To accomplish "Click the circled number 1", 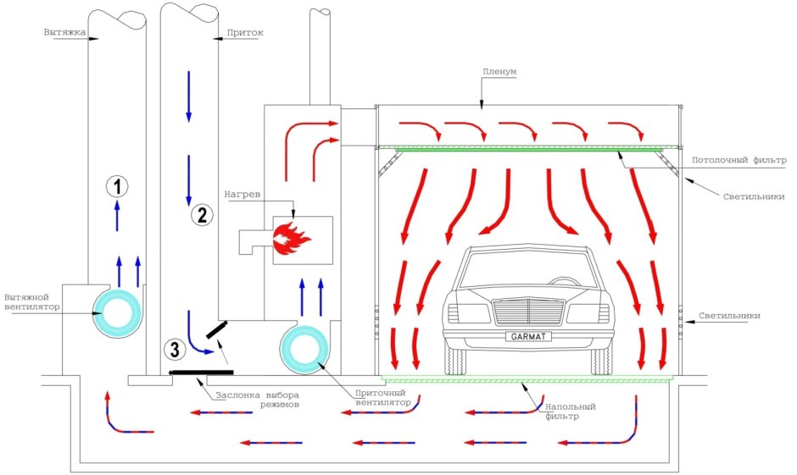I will point(117,185).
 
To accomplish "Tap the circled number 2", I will point(201,215).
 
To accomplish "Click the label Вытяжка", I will point(63,32).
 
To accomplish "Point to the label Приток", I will point(245,33).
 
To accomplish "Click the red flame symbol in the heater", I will point(292,240).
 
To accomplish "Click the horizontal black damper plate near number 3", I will point(200,371).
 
